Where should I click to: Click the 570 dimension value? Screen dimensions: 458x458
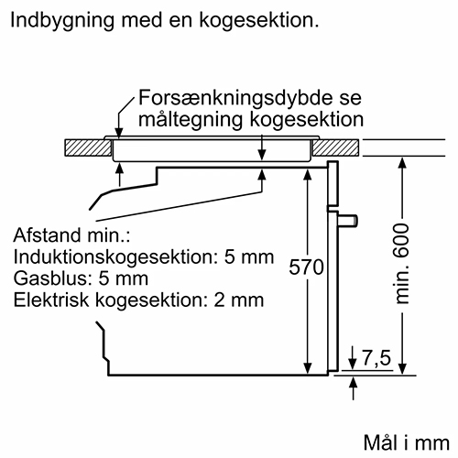click(x=306, y=267)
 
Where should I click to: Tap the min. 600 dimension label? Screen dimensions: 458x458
click(x=402, y=264)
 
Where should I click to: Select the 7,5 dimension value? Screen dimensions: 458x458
click(x=376, y=357)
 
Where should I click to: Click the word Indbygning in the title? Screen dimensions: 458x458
click(x=62, y=21)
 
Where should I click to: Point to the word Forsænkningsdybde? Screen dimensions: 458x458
click(x=234, y=98)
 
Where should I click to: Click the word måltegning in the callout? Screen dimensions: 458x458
click(x=191, y=120)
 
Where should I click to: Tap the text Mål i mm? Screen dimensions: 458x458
click(x=407, y=442)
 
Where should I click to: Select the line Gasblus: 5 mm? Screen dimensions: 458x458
click(x=81, y=278)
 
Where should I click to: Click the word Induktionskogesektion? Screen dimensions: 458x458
click(x=115, y=257)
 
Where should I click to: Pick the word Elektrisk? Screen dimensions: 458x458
click(x=51, y=300)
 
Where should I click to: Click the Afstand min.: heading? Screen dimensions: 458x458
click(x=71, y=235)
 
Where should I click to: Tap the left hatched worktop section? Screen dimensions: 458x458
click(x=88, y=148)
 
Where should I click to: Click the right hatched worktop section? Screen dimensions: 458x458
click(x=336, y=148)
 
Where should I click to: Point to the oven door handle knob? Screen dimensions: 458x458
click(x=348, y=221)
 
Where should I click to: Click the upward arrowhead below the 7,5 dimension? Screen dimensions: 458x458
click(x=354, y=383)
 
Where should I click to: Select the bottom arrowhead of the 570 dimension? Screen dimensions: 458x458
click(x=308, y=368)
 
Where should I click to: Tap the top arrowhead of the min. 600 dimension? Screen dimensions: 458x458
click(x=403, y=163)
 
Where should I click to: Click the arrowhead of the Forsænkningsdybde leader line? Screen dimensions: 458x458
click(x=119, y=133)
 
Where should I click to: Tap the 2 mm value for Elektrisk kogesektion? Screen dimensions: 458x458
click(x=239, y=300)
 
